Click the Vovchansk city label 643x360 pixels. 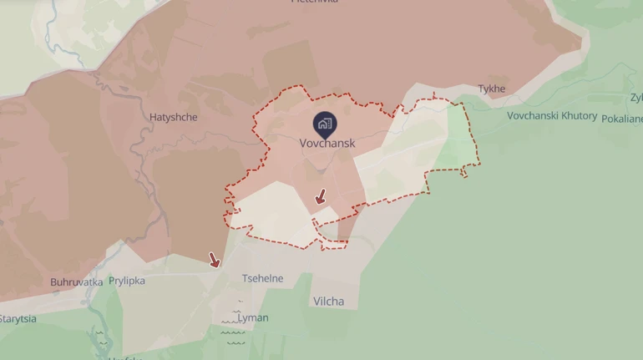327,143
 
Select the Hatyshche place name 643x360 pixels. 174,117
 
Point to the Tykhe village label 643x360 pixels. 492,89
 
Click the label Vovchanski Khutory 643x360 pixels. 552,115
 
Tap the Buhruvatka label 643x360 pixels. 76,281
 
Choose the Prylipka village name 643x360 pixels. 127,281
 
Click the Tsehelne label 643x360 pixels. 262,278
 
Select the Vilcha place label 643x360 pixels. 328,301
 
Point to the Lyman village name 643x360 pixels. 253,318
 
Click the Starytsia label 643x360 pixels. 17,319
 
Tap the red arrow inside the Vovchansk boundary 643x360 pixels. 320,197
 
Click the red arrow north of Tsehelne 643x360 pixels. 215,260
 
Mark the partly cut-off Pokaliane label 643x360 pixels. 621,119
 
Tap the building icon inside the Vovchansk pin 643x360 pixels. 325,124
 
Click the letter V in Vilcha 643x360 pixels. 317,301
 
